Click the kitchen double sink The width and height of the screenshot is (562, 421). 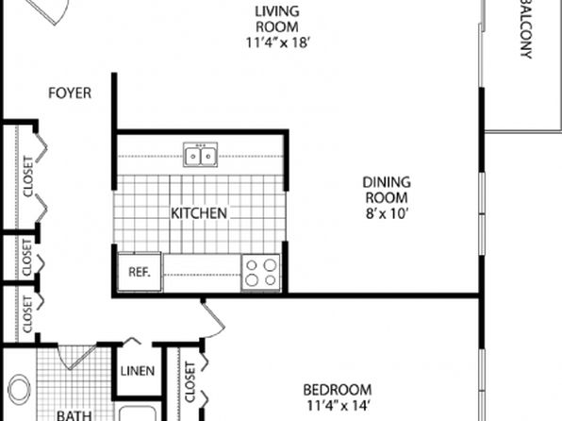tap(200, 155)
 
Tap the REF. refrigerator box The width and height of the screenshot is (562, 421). tap(140, 272)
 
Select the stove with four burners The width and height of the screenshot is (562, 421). tap(260, 272)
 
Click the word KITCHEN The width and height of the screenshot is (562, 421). tap(199, 213)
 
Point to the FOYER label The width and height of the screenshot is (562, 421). tap(70, 93)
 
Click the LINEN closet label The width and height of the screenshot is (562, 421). tap(138, 371)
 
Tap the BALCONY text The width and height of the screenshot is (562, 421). tap(525, 29)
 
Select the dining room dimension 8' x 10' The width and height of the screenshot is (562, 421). tap(387, 214)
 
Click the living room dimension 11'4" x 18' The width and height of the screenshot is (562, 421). tap(278, 42)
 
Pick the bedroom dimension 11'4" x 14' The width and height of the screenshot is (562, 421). tap(338, 406)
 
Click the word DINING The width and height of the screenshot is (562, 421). tap(387, 182)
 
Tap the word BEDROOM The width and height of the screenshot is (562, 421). tap(338, 390)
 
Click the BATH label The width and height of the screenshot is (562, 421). tap(74, 415)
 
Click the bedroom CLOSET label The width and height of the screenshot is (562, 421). tap(190, 382)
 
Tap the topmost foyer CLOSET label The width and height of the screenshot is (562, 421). tap(28, 177)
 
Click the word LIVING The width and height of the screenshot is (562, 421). tap(277, 11)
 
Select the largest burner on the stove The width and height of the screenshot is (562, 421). tap(270, 265)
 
